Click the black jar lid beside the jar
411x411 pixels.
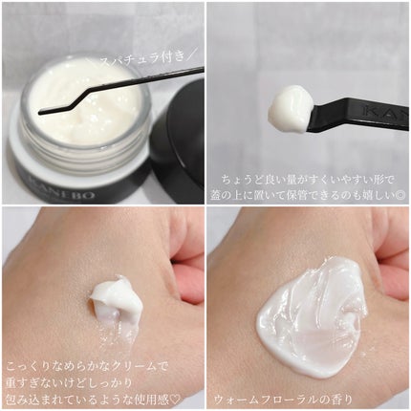[x=181, y=143]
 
